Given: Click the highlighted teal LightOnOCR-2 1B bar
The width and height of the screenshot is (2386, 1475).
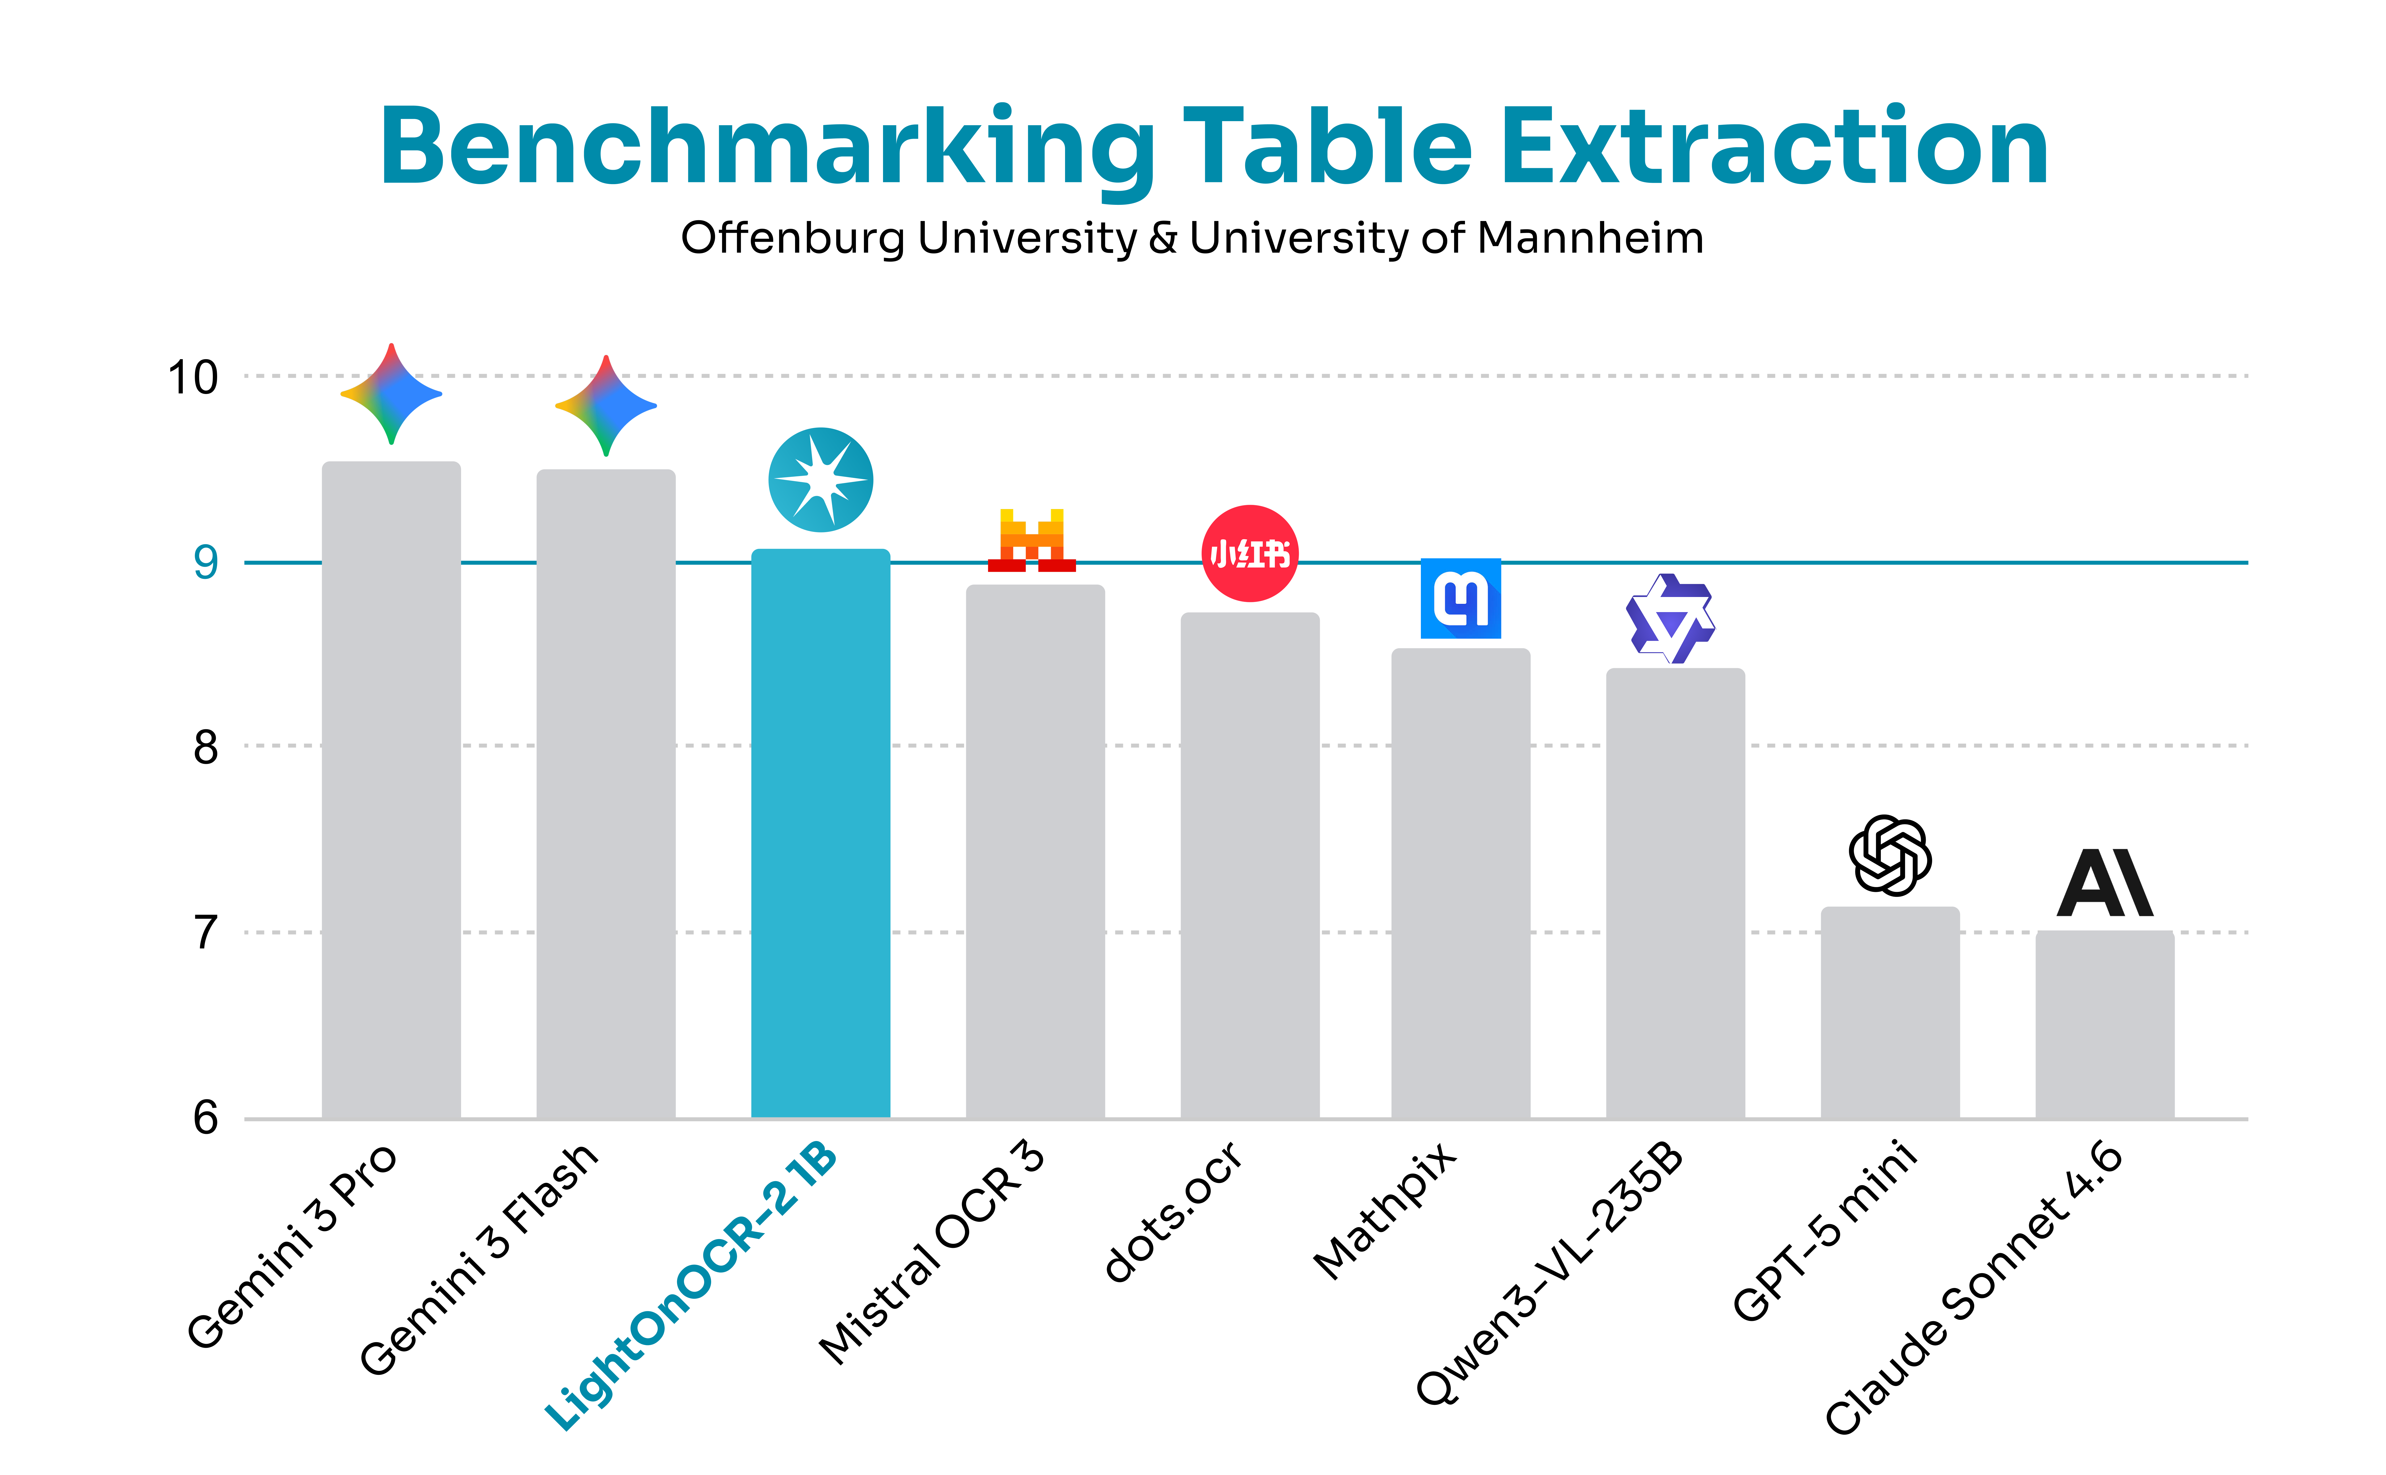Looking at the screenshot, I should pyautogui.click(x=820, y=834).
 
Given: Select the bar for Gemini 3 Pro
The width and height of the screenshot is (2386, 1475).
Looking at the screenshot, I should pyautogui.click(x=391, y=790).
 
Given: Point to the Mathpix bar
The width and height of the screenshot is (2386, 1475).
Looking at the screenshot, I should pyautogui.click(x=1460, y=883).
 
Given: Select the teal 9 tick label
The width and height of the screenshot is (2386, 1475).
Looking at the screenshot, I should pyautogui.click(x=205, y=563).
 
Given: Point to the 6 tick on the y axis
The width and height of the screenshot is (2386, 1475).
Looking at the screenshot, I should pyautogui.click(x=205, y=1118).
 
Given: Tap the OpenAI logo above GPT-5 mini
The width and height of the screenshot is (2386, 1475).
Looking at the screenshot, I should pyautogui.click(x=1890, y=855).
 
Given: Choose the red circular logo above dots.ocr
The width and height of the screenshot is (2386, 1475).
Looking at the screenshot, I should pyautogui.click(x=1249, y=553).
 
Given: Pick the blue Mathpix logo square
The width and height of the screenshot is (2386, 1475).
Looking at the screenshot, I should pyautogui.click(x=1460, y=598).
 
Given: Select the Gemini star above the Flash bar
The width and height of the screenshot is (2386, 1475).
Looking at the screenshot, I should pyautogui.click(x=606, y=406).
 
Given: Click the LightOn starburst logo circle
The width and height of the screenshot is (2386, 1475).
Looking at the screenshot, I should pyautogui.click(x=820, y=480).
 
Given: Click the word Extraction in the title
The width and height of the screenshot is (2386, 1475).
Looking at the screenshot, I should pyautogui.click(x=1773, y=146).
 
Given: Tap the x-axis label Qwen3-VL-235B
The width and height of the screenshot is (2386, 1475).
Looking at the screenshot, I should pyautogui.click(x=1551, y=1273).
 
